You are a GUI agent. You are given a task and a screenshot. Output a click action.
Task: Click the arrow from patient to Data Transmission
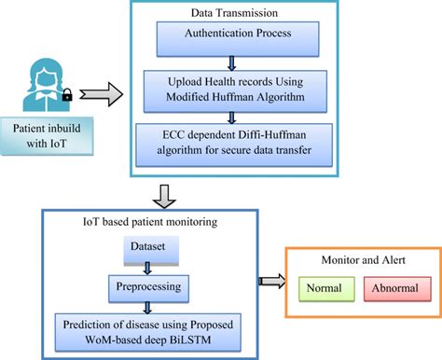pyautogui.click(x=100, y=92)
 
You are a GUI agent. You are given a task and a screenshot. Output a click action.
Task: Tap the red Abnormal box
pyautogui.click(x=393, y=287)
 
